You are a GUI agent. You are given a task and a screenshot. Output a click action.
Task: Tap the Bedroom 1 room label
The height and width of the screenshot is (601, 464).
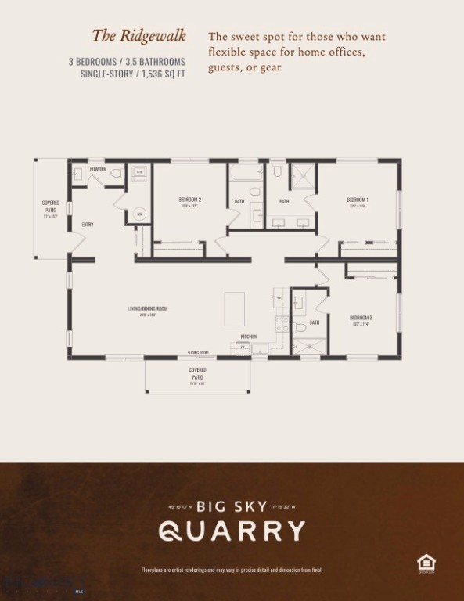358,200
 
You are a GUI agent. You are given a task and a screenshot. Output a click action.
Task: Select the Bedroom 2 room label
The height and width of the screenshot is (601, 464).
189,200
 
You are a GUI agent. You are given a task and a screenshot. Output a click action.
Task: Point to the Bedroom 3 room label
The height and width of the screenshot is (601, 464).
361,317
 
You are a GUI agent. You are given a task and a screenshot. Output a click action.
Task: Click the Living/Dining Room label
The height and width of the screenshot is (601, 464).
147,308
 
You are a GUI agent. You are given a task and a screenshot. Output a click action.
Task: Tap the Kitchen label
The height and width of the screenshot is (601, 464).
248,336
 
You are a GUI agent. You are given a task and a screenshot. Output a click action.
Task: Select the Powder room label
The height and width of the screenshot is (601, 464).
97,169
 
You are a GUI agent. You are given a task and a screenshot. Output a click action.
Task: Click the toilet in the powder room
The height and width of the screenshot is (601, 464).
116,174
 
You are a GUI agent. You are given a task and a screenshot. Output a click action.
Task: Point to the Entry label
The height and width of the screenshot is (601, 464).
88,225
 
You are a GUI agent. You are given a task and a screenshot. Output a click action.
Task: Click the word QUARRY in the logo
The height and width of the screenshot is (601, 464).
232,531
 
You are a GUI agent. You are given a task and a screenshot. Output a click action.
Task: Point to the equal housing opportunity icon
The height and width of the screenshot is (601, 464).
426,562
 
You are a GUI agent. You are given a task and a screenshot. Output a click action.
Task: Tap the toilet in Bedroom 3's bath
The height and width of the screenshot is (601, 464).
299,327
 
